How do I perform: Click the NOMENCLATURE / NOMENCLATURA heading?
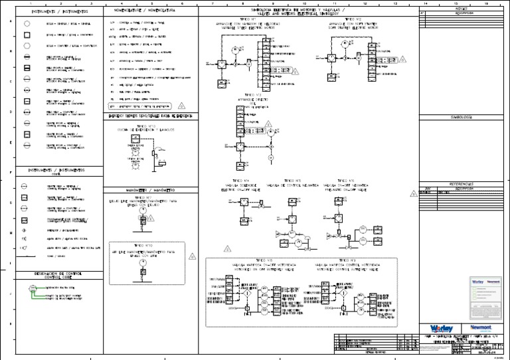coord(145,11)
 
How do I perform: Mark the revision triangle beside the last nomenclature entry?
coord(183,106)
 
